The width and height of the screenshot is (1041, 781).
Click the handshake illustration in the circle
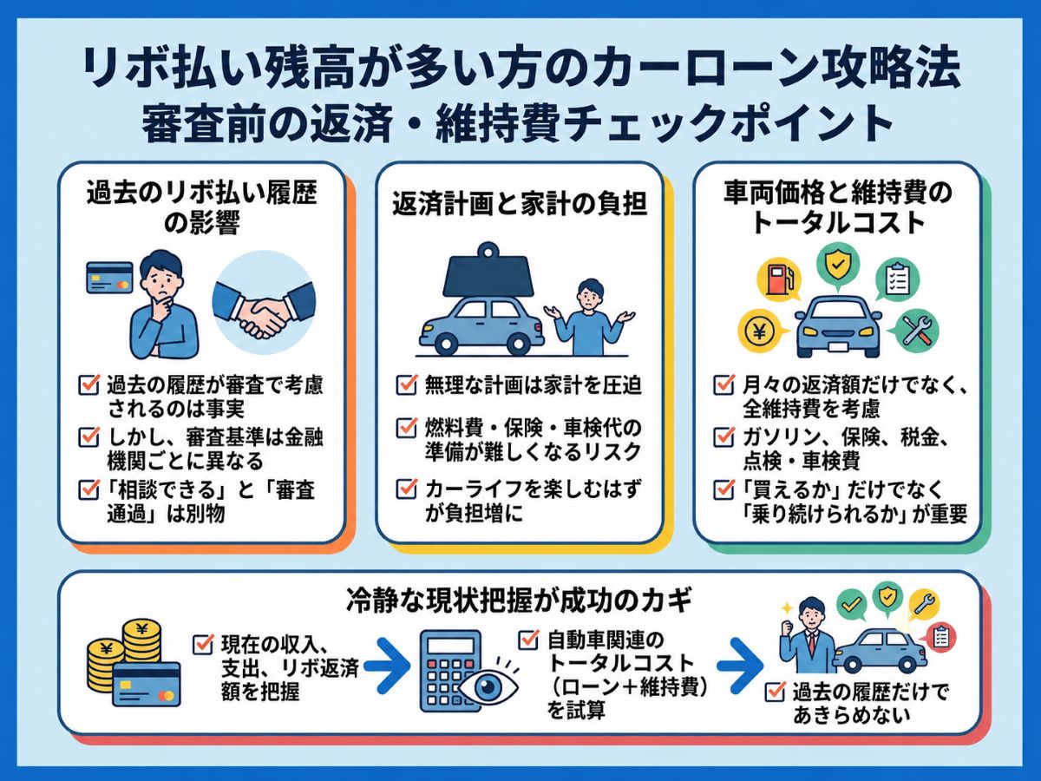pos(264,303)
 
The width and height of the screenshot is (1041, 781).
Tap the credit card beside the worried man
pos(109,278)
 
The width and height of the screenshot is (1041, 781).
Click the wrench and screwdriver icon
pos(916,330)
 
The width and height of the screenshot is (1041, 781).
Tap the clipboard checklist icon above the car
pos(896,280)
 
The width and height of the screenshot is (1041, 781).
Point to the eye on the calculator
pos(488,686)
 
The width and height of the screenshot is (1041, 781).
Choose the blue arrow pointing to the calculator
pos(387,666)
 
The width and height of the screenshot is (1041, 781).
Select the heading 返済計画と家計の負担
pos(520,206)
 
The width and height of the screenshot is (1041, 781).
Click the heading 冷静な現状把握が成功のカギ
pos(520,600)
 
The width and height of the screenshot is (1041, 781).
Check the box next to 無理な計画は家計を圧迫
pos(407,384)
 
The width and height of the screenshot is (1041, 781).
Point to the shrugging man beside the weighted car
pos(590,317)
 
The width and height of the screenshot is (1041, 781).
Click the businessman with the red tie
pos(809,635)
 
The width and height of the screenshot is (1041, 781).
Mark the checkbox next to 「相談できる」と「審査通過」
pos(88,489)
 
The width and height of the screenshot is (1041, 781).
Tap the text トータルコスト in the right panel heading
pos(838,222)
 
